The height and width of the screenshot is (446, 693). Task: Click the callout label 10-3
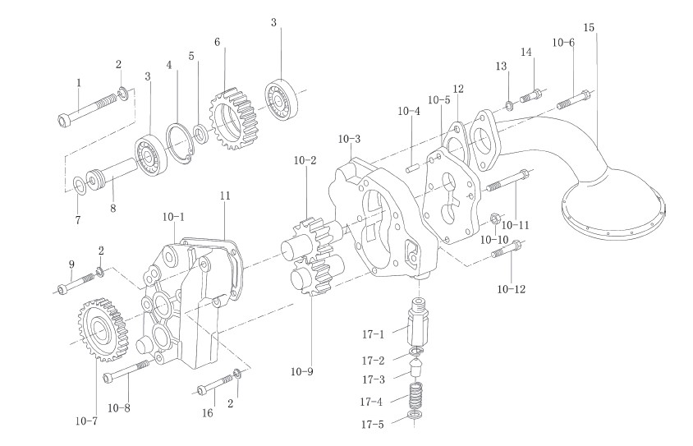pos(349,138)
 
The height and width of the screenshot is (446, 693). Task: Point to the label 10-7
pos(85,421)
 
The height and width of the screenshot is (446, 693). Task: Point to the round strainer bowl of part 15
pos(612,201)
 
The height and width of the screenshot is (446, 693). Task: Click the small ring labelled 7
pos(80,182)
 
